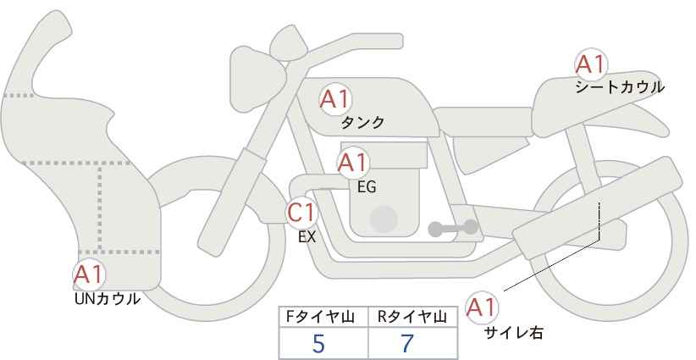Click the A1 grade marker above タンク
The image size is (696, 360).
[335, 99]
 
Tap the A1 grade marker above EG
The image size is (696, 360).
[353, 163]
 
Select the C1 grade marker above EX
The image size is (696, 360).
[301, 212]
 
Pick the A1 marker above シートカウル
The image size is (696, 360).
[591, 64]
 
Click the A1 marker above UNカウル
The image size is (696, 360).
[89, 274]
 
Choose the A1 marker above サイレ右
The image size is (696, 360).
[482, 307]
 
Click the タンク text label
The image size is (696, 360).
[362, 123]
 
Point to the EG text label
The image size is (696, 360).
[367, 187]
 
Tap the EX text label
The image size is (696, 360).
[307, 237]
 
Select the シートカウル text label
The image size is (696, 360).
[620, 87]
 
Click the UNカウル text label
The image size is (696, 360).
[108, 299]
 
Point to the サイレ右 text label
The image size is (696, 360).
[514, 333]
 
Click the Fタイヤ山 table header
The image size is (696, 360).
[320, 318]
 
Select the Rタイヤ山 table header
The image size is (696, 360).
[412, 318]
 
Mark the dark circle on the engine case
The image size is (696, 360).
[384, 219]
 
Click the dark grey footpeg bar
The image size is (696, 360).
[453, 228]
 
